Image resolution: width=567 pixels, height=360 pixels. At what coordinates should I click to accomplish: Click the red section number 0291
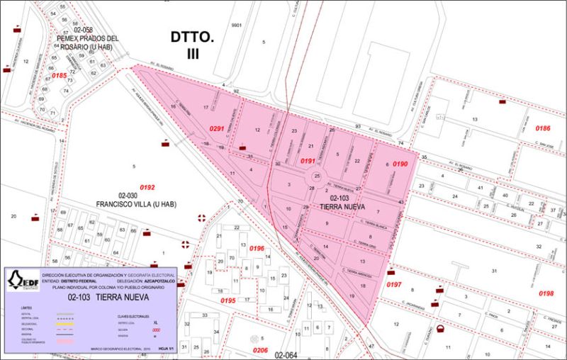(x=217, y=128)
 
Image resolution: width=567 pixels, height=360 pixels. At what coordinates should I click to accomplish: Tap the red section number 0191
(x=308, y=162)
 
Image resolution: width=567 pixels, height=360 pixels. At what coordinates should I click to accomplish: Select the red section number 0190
(x=400, y=164)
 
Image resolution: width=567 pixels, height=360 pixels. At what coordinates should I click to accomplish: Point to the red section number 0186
(x=542, y=128)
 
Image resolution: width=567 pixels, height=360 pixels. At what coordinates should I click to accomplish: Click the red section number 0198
(x=546, y=293)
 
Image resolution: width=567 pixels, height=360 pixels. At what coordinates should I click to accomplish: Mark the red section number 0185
(x=59, y=76)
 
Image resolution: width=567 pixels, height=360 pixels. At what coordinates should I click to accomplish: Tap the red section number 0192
(x=147, y=187)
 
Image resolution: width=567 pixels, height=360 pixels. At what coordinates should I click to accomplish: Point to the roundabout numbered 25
(x=318, y=176)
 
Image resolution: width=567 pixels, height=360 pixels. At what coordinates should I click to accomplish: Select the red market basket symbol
(x=440, y=329)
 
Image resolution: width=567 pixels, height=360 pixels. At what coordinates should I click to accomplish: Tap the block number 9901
(x=237, y=25)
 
